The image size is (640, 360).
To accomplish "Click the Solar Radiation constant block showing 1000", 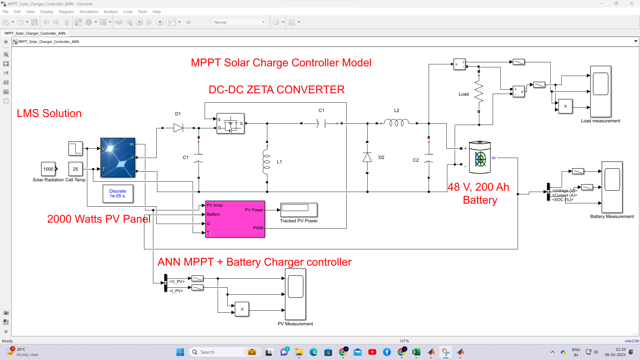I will [x=48, y=169].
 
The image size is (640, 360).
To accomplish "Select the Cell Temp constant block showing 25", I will [x=75, y=169].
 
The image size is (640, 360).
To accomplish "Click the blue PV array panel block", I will [x=118, y=157].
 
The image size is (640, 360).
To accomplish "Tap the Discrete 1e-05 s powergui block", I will [x=118, y=194].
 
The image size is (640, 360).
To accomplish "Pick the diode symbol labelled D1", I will [x=178, y=128].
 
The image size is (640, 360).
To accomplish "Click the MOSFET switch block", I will [x=230, y=124].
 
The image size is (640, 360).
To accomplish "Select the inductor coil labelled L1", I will [x=267, y=162].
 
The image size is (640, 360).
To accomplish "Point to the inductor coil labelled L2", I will [x=397, y=123].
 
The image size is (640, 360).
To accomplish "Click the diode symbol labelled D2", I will [x=367, y=157].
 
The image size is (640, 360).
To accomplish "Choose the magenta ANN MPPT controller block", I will [x=235, y=219].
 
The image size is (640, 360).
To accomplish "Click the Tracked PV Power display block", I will [x=299, y=210].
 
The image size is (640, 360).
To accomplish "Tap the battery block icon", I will [x=480, y=157].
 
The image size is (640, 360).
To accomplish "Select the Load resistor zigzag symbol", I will [x=479, y=92].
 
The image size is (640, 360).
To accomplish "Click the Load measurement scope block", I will [x=601, y=91].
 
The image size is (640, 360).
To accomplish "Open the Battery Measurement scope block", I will [x=612, y=187].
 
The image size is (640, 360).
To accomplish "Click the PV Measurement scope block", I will [x=295, y=294].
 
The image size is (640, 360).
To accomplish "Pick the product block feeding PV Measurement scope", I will [x=242, y=309].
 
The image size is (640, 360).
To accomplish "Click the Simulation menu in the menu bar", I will [x=89, y=12].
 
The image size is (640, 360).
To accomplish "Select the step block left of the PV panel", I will [x=75, y=148].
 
